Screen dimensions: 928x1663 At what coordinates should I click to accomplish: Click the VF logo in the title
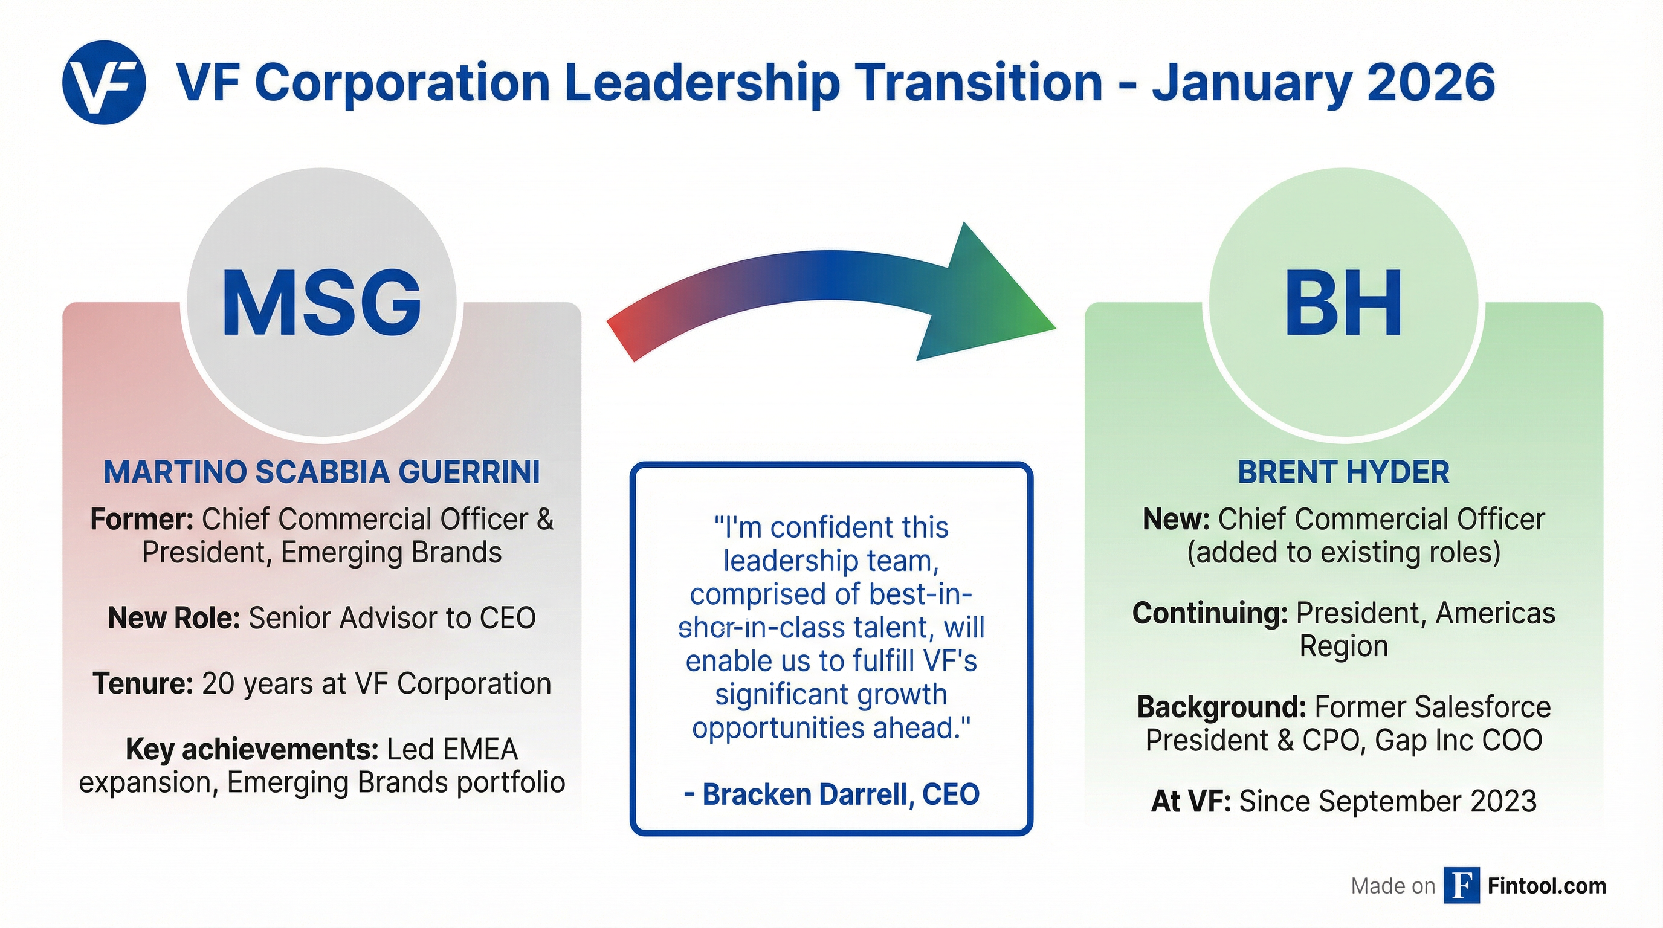[104, 83]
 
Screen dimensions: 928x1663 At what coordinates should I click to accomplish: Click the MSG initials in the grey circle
[321, 303]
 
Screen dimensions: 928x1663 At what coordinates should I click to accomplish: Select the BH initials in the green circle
[1343, 303]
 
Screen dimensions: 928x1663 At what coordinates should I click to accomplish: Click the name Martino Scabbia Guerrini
[321, 472]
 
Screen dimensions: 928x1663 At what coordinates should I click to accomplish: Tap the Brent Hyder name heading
[1343, 472]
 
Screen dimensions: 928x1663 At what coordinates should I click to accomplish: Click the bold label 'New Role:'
[173, 617]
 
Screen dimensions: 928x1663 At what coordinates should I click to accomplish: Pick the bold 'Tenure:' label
[143, 684]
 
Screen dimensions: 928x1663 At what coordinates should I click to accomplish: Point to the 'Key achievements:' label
[252, 749]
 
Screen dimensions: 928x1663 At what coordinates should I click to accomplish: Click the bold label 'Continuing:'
[1210, 613]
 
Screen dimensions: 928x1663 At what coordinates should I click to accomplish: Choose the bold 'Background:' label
[1221, 707]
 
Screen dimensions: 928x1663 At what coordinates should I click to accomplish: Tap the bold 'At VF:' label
[1190, 802]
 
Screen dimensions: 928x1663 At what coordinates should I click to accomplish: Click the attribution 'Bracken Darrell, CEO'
[832, 794]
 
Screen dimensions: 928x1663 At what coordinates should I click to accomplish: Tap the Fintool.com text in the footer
[1547, 886]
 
